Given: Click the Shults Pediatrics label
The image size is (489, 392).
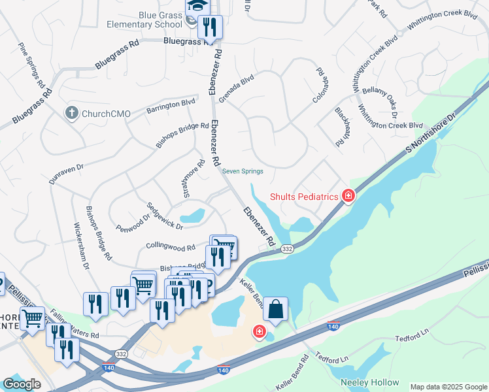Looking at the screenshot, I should point(304,196).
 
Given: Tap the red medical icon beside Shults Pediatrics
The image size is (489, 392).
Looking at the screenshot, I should point(348,195).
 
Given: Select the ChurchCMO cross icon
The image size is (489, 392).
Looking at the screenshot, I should point(72,113).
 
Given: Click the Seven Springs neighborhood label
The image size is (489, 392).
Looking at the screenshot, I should point(243,172).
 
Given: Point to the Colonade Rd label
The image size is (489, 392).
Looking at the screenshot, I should point(320,86).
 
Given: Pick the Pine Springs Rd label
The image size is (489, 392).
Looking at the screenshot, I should point(31,66).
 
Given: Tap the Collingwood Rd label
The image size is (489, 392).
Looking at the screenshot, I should point(171,248).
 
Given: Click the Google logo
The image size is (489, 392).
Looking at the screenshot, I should point(22,384).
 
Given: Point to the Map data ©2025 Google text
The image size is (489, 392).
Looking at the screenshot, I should point(448,387).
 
